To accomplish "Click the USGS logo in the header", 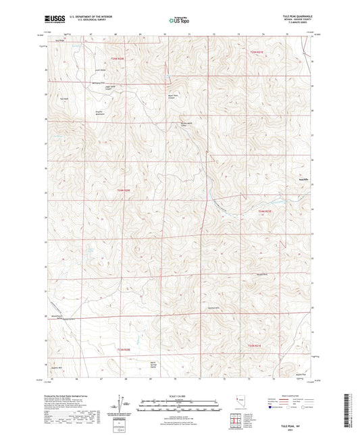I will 51,20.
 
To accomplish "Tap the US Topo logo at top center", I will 178,21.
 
